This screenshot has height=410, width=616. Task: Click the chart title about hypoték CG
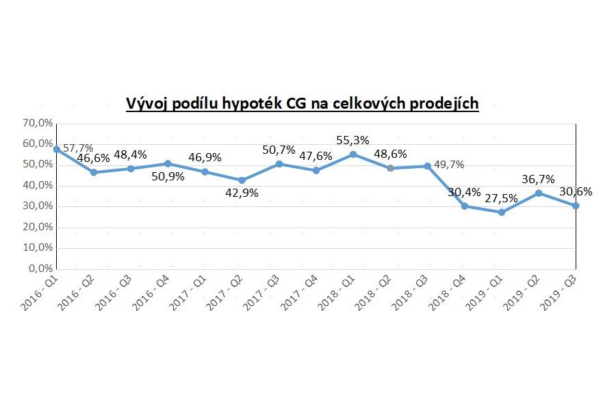[302, 103]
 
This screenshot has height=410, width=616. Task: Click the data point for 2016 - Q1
[56, 149]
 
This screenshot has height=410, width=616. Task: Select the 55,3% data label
[352, 140]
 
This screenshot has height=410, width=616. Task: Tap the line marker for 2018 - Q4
[464, 206]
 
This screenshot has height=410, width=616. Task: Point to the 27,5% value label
[502, 197]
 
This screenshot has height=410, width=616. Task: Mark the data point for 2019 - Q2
[539, 193]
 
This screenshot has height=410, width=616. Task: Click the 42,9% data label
[242, 193]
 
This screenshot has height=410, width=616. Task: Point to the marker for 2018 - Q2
[390, 168]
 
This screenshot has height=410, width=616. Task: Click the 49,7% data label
[450, 165]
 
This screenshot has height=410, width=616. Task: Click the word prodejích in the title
[444, 103]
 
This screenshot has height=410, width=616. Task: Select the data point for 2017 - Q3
[279, 164]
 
